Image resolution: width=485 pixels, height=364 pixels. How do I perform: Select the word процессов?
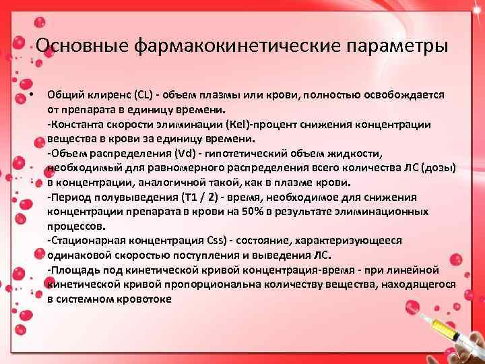(x=76, y=226)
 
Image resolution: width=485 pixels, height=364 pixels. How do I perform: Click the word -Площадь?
(x=71, y=270)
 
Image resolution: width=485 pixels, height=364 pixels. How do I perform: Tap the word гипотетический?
(x=246, y=153)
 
